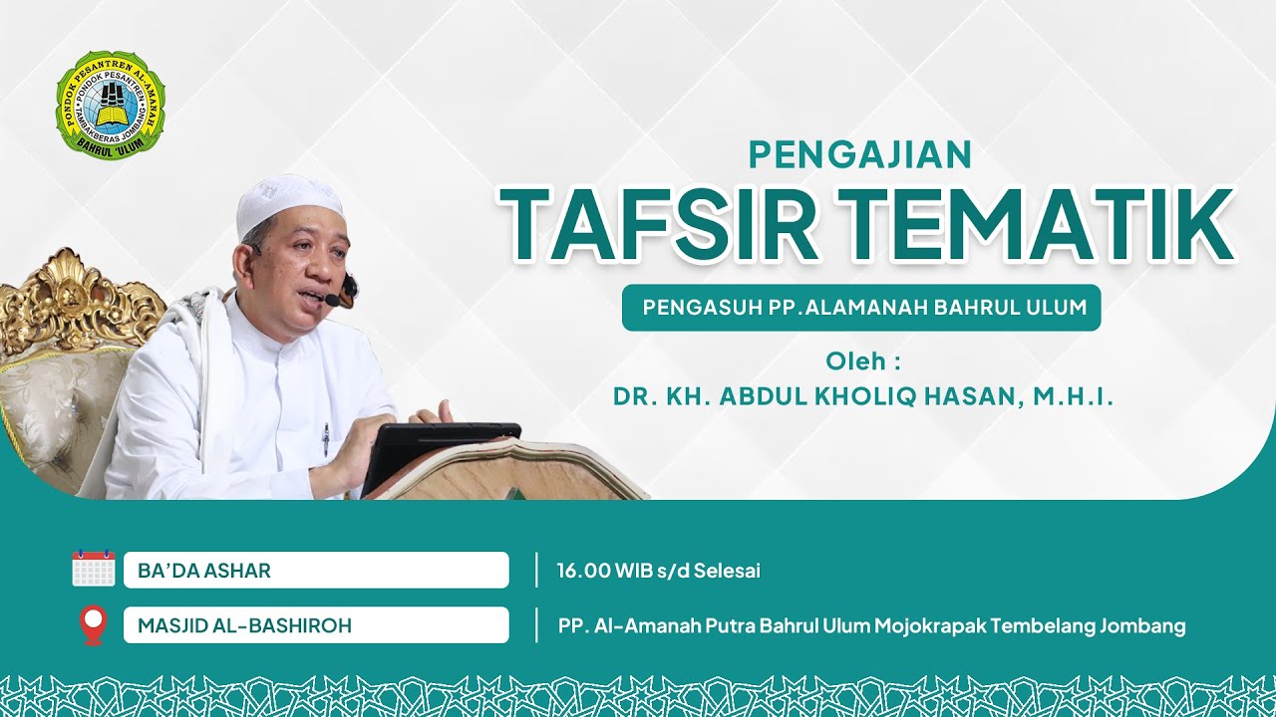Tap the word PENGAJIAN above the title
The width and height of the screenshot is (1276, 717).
(859, 154)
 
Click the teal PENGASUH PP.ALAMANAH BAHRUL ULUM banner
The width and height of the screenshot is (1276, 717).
(861, 308)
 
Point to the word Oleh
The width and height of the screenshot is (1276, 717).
(856, 360)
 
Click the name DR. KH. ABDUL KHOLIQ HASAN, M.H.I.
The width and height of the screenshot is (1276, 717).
(862, 396)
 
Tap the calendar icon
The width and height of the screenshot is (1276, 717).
(94, 569)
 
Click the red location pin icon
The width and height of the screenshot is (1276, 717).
(93, 625)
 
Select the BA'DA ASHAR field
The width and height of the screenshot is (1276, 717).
(315, 571)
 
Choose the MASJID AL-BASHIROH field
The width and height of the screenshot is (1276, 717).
(315, 626)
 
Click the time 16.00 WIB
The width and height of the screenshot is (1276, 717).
(598, 571)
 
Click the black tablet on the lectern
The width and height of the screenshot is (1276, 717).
(439, 453)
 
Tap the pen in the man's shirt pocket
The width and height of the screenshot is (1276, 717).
(325, 437)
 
